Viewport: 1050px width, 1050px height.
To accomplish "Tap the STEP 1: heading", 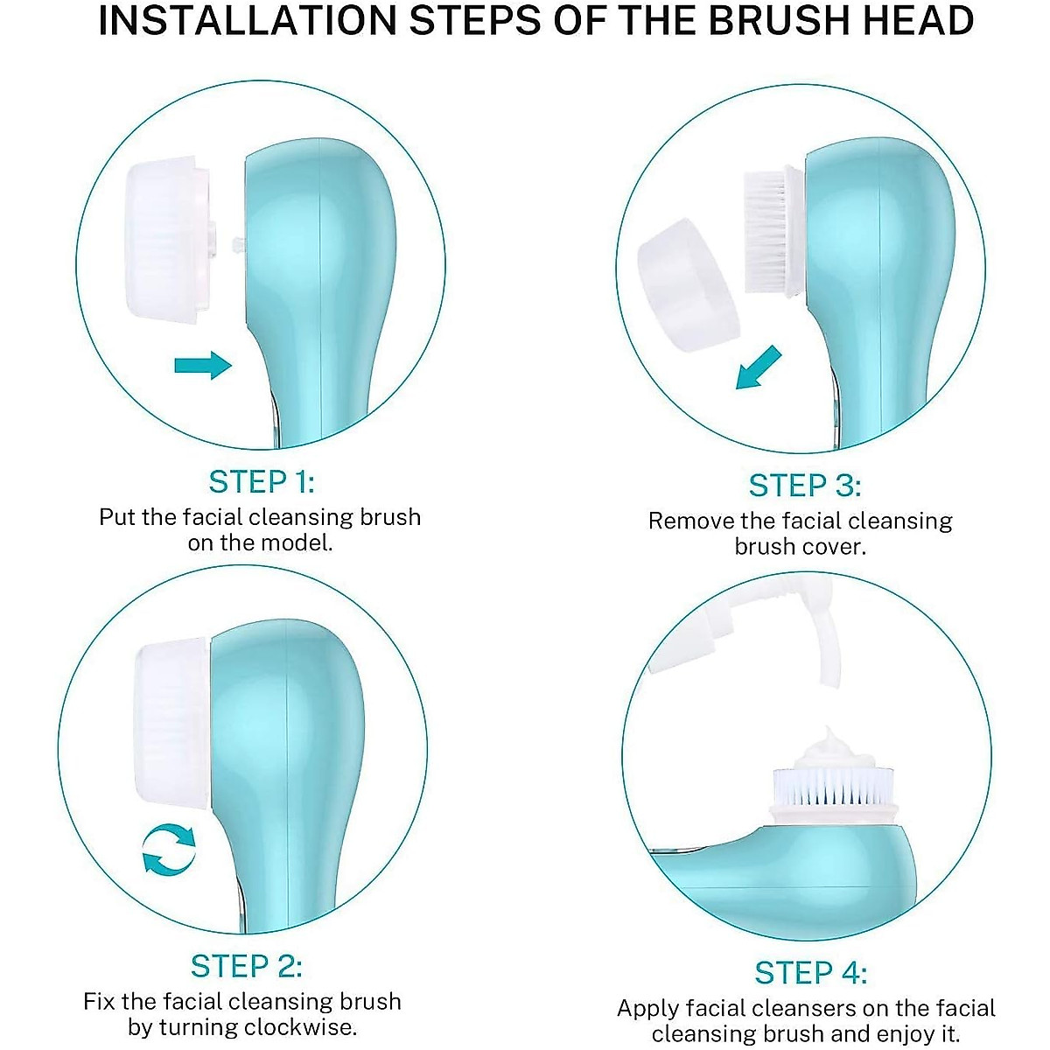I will (x=261, y=482).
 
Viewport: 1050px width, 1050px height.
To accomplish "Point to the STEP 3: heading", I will (x=804, y=486).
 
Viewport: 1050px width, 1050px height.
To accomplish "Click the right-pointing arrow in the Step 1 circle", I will (x=202, y=364).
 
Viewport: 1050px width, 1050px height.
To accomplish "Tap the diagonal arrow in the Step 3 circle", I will (x=758, y=367).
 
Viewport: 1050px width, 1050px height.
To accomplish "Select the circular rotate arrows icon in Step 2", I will (x=169, y=848).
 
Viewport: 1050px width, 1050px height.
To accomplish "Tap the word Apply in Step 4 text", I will (x=647, y=1009).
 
